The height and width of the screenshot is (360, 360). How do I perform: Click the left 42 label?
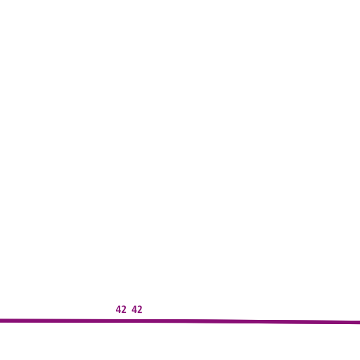[x=121, y=309]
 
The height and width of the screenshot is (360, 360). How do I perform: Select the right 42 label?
[x=137, y=309]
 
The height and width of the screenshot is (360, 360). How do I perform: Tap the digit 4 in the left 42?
[x=118, y=309]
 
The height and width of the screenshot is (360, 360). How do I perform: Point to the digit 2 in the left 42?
[x=124, y=309]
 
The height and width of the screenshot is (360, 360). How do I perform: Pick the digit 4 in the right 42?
[x=134, y=309]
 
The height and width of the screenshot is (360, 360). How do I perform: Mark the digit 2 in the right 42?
[x=140, y=309]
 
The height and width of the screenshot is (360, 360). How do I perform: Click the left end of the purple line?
[x=0, y=321]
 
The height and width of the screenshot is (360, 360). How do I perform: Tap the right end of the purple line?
[x=359, y=323]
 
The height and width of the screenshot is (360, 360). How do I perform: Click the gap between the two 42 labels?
[x=129, y=309]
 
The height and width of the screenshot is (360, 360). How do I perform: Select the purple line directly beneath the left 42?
[x=121, y=321]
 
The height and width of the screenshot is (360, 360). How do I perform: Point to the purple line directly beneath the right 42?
[x=137, y=321]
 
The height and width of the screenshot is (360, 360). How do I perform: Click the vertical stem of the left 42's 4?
[x=120, y=309]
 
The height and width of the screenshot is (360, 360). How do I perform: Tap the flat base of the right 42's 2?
[x=140, y=313]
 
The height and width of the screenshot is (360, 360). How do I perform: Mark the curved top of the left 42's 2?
[x=124, y=307]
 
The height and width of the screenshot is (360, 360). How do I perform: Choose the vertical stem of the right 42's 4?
[x=135, y=309]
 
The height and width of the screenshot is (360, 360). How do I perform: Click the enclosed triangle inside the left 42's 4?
[x=118, y=309]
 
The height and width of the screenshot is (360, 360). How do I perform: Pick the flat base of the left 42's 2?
[x=124, y=313]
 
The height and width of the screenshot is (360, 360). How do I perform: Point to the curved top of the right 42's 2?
[x=140, y=307]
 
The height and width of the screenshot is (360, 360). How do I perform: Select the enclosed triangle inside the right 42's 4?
[x=134, y=309]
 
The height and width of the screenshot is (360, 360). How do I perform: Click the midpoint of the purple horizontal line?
[x=180, y=321]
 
